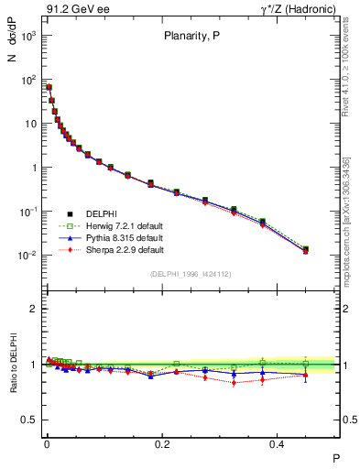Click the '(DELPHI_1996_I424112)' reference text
tap(190, 274)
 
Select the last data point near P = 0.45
tap(306, 249)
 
